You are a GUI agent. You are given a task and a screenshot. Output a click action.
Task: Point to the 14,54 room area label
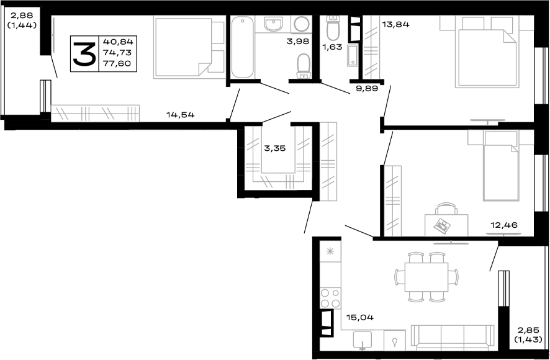pyautogui.click(x=181, y=114)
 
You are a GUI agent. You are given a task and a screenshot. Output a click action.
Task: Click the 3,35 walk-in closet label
pyautogui.click(x=276, y=148)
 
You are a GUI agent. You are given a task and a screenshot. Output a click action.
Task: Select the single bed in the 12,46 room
pyautogui.click(x=500, y=166)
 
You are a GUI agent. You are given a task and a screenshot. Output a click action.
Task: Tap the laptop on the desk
pyautogui.click(x=444, y=222)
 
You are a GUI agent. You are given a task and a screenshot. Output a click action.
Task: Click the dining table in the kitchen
pyautogui.click(x=426, y=276)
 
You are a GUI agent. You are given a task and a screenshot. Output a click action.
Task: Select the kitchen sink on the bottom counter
pyautogui.click(x=361, y=340)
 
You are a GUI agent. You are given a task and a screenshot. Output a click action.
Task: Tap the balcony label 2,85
pyautogui.click(x=525, y=330)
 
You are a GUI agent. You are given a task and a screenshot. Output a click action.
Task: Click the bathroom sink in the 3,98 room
pyautogui.click(x=273, y=24)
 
